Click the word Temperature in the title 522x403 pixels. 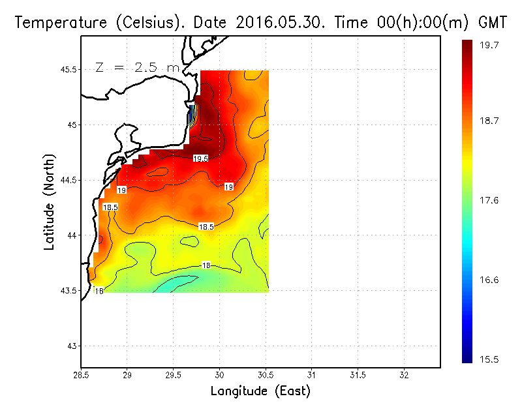pyautogui.click(x=55, y=22)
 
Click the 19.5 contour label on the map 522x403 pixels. pyautogui.click(x=200, y=158)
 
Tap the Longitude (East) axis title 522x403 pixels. pyautogui.click(x=260, y=391)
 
